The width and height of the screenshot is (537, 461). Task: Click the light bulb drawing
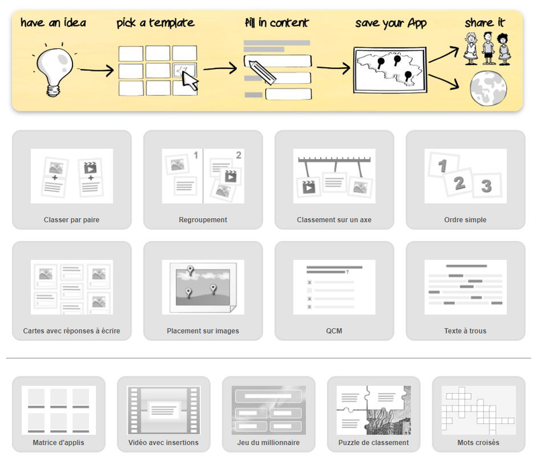(55, 70)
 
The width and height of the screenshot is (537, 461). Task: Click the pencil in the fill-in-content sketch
(262, 72)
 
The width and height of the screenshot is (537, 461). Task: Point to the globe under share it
(489, 88)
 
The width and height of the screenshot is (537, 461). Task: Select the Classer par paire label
(72, 219)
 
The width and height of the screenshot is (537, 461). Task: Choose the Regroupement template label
(203, 219)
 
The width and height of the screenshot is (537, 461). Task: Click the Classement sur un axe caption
(334, 219)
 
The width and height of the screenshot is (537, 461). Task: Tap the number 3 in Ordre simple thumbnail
(486, 186)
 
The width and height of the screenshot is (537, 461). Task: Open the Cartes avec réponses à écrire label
(72, 331)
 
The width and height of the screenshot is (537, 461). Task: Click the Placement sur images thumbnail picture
(203, 287)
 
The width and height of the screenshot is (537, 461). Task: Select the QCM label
(334, 331)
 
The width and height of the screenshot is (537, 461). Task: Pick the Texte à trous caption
(465, 331)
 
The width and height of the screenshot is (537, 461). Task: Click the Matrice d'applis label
(58, 442)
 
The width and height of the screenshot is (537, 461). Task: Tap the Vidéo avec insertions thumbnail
(164, 411)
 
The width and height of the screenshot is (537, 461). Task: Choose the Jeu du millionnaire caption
(268, 442)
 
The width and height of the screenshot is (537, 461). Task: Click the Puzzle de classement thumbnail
(374, 411)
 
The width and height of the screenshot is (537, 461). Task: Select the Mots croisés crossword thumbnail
(479, 411)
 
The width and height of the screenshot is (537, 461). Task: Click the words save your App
(391, 23)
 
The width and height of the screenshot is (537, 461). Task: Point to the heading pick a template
(156, 23)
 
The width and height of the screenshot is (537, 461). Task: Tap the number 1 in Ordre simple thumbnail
(442, 166)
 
